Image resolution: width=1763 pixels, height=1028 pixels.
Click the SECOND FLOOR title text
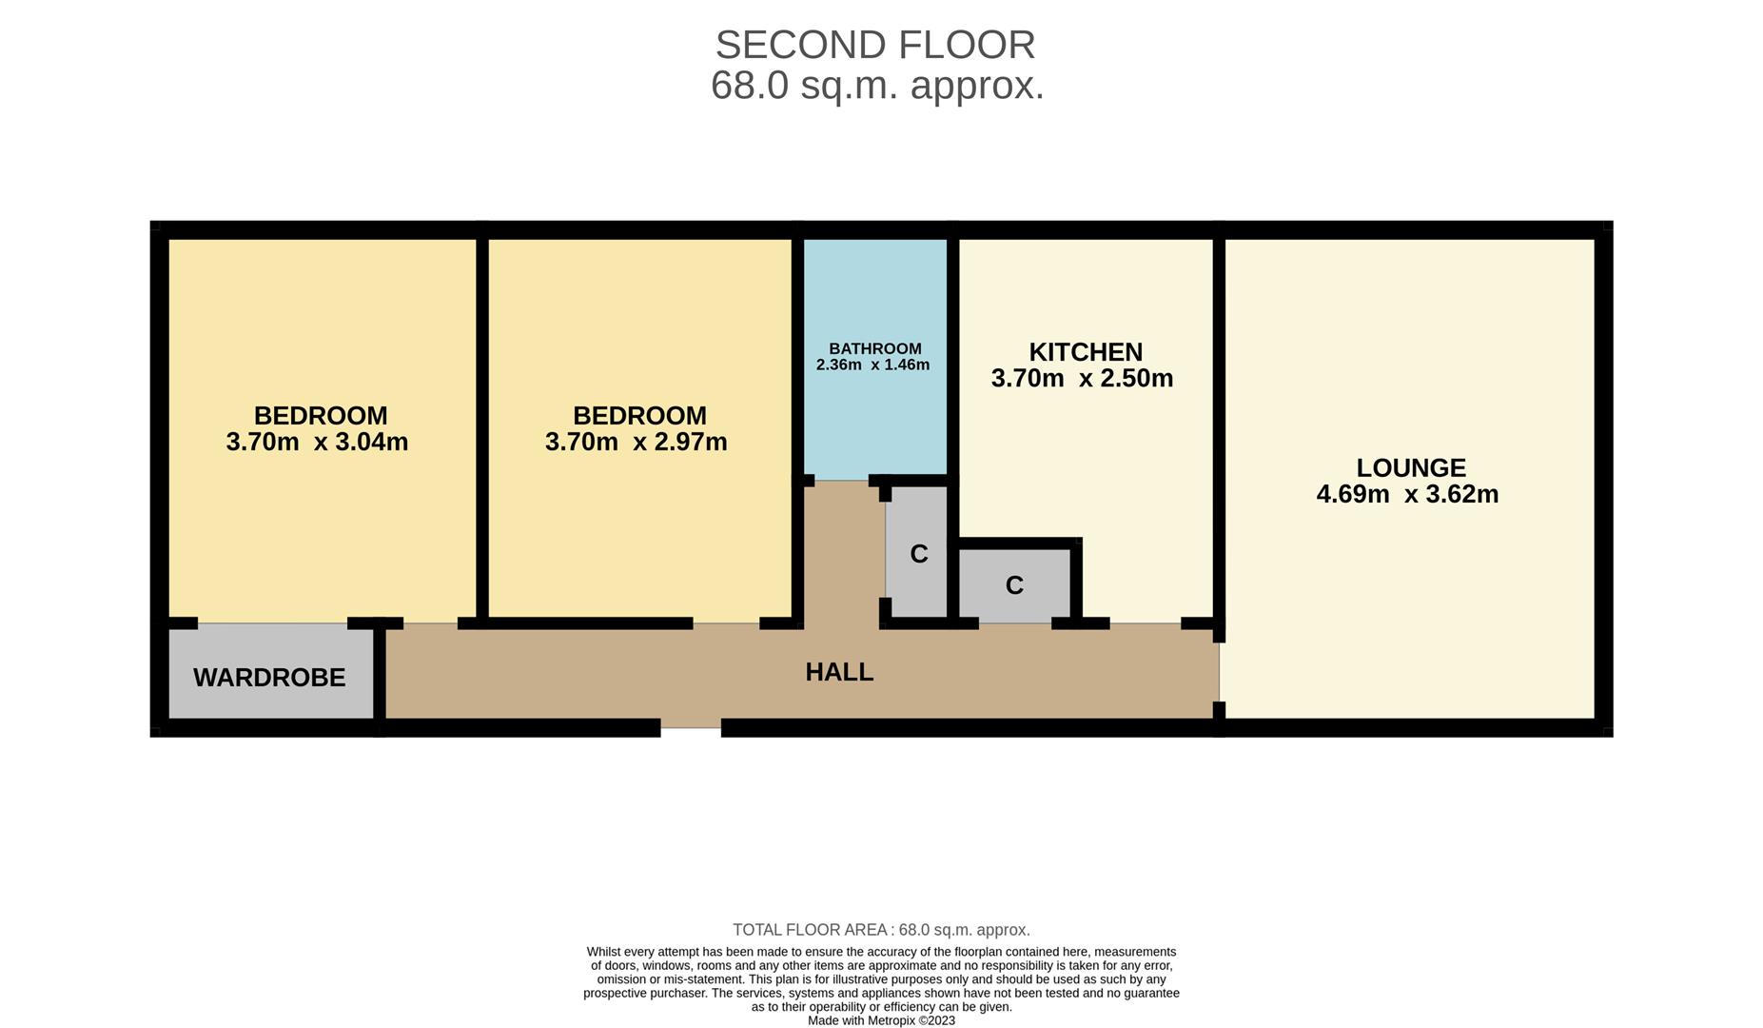tap(874, 45)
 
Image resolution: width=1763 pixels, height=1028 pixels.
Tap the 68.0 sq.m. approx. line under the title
tap(876, 86)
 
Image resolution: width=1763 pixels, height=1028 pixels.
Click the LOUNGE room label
tap(1410, 467)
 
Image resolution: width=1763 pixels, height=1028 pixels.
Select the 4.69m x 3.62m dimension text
tap(1406, 494)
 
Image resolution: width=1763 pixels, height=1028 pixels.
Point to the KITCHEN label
tap(1085, 352)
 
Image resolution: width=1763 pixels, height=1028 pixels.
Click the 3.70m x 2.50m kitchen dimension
tap(1082, 379)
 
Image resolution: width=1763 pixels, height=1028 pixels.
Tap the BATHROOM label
tap(874, 348)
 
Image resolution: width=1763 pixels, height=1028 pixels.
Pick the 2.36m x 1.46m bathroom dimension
tap(872, 365)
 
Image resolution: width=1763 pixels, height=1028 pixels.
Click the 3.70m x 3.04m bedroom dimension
tap(317, 442)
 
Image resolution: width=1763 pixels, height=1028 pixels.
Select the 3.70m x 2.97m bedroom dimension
tap(636, 442)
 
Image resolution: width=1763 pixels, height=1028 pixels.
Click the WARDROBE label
tap(269, 678)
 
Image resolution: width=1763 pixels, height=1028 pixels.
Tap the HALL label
tap(839, 672)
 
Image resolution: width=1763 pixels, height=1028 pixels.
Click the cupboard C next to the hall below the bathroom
tap(918, 554)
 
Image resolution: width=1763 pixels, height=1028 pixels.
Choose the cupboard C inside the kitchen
tap(1014, 585)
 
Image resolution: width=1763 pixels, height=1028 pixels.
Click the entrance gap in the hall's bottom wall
tap(691, 728)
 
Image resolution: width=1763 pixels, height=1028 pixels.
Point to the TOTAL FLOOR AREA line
tap(881, 930)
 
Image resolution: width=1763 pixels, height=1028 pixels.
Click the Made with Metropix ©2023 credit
tap(881, 1020)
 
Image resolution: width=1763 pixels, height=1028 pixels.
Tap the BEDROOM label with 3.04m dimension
tap(321, 416)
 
